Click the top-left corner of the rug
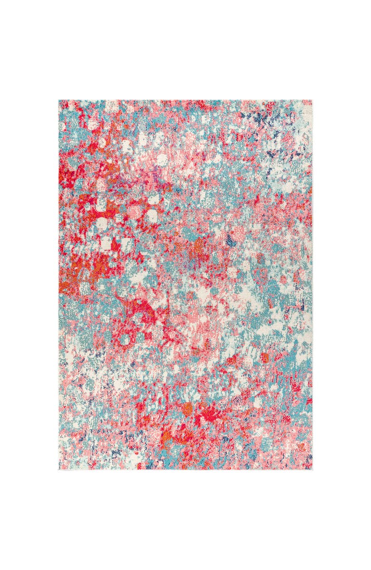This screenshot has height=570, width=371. point(59,100)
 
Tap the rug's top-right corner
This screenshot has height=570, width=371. point(312,100)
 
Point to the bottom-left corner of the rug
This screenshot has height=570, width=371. point(59,470)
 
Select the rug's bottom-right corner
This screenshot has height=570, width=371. point(312,470)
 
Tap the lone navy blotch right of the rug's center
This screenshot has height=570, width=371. point(231,242)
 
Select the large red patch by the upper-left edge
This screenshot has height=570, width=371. point(69,176)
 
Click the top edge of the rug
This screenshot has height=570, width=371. point(185,100)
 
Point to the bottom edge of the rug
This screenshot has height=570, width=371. point(185,470)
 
